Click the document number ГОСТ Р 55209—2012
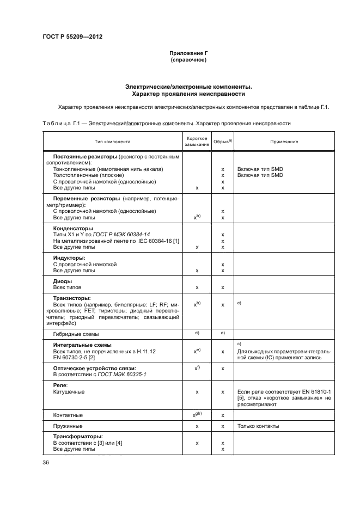(72, 36)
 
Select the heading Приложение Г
(188, 53)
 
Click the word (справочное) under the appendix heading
(188, 59)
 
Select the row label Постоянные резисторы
(86, 156)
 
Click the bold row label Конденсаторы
(72, 228)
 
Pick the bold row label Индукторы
(69, 257)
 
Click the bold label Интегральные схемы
(82, 345)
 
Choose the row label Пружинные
(68, 426)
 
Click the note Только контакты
(259, 426)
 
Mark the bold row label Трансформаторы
(80, 437)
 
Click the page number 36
(46, 463)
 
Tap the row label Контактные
(68, 415)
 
